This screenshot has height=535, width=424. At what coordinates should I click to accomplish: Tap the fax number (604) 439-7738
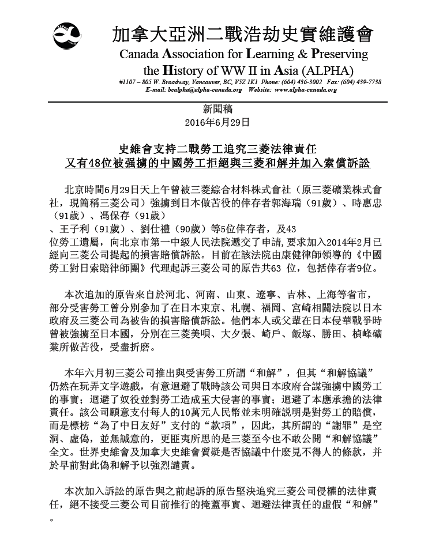pyautogui.click(x=361, y=82)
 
